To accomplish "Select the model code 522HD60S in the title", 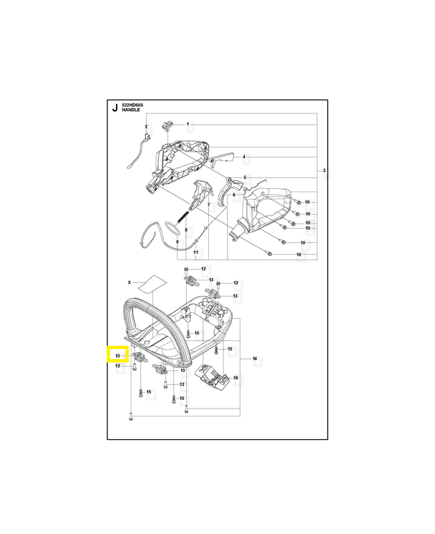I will pos(133,105).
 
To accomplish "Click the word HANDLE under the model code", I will pos(131,111).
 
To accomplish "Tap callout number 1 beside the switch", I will pos(187,125).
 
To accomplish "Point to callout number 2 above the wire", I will pos(146,127).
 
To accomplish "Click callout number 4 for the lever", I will pos(244,158).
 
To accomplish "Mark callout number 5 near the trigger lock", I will pos(244,178).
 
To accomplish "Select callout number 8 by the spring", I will pos(177,230).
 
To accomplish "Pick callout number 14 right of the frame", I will pos(254,360).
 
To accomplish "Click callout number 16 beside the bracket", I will pos(235,378).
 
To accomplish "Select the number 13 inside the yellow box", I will pos(117,354).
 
